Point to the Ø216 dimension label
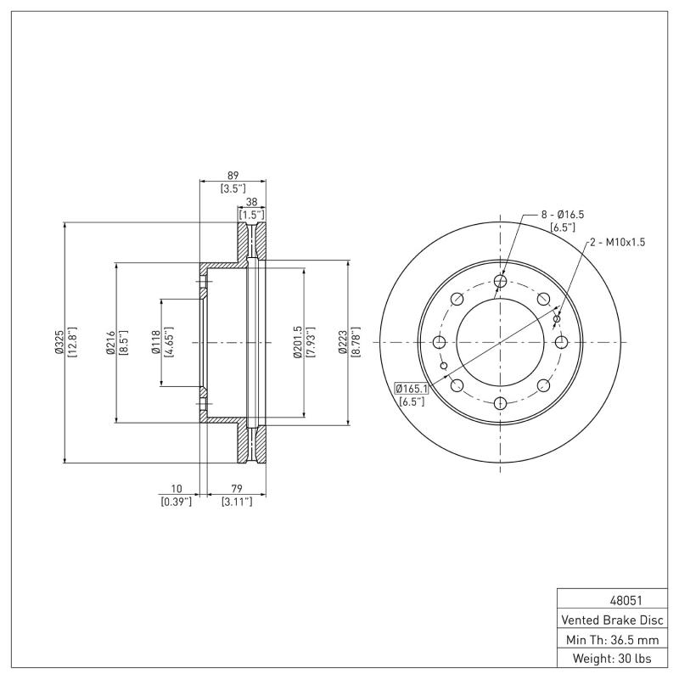pos(109,342)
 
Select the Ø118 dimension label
pos(155,342)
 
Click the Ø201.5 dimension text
pos(297,342)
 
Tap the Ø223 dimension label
pos(343,342)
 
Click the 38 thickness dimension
pos(252,202)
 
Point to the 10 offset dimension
pos(177,489)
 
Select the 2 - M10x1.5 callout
pos(617,242)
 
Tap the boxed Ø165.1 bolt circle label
pos(411,389)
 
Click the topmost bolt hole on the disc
pos(500,282)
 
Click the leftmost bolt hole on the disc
pos(440,342)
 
